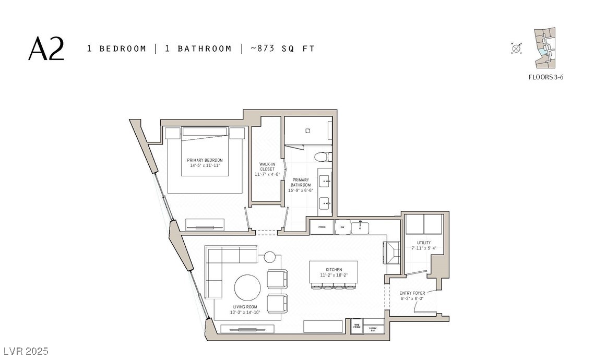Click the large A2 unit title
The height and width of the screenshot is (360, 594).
[46, 49]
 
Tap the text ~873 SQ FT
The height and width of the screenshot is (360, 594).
[282, 49]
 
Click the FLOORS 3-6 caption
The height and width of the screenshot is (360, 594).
[546, 77]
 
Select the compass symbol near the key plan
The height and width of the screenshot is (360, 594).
[516, 49]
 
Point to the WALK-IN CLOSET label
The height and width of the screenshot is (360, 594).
[267, 169]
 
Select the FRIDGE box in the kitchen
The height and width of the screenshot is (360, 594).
[322, 227]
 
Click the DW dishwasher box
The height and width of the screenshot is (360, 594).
[342, 227]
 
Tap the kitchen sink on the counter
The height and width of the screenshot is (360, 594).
[360, 227]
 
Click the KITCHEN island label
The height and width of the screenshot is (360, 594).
[334, 270]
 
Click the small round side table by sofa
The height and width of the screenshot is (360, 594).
[269, 256]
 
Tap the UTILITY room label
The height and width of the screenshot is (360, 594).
[423, 243]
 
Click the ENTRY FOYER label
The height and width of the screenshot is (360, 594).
[412, 293]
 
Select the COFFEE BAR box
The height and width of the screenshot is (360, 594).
[373, 329]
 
